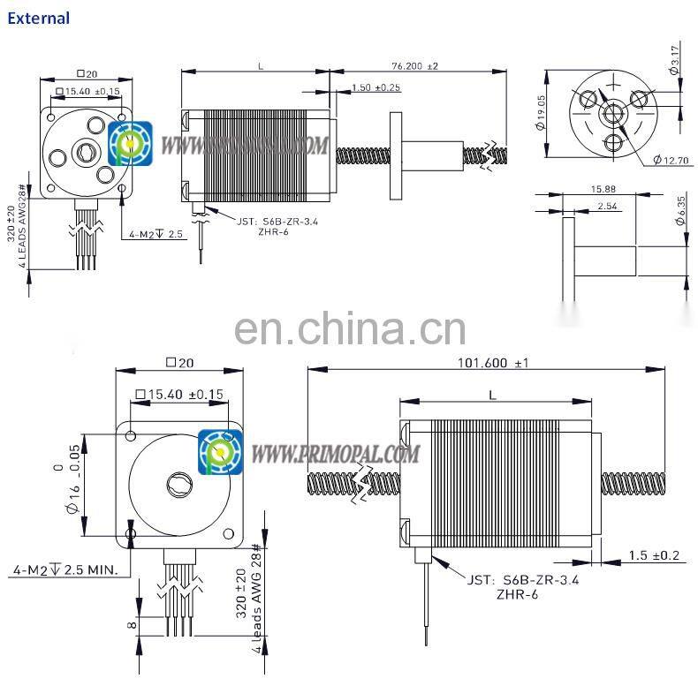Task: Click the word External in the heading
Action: click(x=38, y=18)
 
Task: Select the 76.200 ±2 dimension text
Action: click(x=414, y=65)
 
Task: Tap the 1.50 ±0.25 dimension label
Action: click(x=376, y=87)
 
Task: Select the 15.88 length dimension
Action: click(x=603, y=188)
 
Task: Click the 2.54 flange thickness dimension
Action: click(x=607, y=206)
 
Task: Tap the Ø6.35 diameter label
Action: click(x=679, y=210)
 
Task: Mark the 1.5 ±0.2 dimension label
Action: click(x=653, y=555)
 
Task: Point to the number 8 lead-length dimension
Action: click(x=132, y=626)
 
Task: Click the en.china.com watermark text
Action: click(x=350, y=330)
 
